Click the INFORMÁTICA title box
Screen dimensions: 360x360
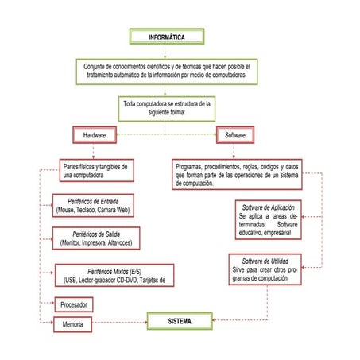coord(167,37)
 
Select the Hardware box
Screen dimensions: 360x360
coord(95,136)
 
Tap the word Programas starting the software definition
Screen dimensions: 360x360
coord(191,166)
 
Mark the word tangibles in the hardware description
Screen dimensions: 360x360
coord(111,166)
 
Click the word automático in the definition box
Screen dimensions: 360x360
coord(127,75)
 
